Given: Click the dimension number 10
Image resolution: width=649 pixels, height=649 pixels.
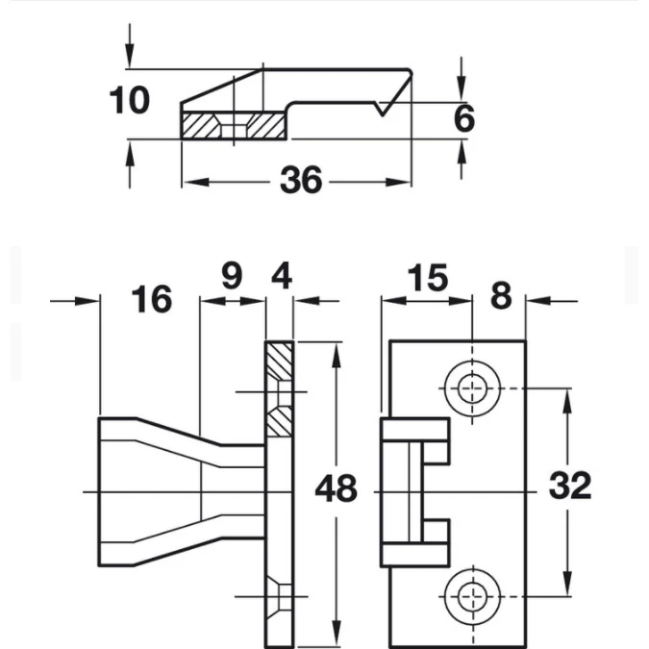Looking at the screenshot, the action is pos(129,100).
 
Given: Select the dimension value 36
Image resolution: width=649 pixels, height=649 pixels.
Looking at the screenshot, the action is pos(301,180).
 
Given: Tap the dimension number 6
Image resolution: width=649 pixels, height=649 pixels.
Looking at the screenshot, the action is pos(464,119).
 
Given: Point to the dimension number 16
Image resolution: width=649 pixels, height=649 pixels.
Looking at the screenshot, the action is pos(152,299).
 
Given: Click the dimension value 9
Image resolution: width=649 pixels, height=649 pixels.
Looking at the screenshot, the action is pos(232,276).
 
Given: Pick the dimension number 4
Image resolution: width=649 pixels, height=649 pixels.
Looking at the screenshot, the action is pos(282,276).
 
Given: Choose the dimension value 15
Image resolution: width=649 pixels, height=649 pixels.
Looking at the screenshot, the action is pos(428,278).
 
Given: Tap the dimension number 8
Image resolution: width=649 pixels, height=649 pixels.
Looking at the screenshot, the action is pos(501,295).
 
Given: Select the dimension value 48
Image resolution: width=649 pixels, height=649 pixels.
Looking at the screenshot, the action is pos(337,488).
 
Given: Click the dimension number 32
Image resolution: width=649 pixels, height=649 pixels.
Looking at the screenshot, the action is pos(570,486).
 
